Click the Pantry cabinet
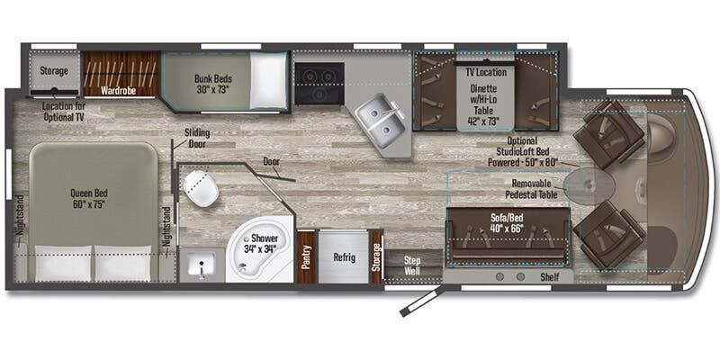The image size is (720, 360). [x=306, y=257]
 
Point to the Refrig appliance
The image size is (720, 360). [x=344, y=257]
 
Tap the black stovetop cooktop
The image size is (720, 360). [x=318, y=83]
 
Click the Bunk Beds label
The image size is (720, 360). [x=212, y=84]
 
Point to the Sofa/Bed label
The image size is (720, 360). [x=509, y=221]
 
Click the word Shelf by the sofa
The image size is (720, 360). [x=549, y=277]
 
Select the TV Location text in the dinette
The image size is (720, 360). [x=485, y=71]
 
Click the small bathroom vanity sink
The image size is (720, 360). [x=199, y=265]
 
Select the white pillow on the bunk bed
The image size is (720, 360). [x=268, y=81]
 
